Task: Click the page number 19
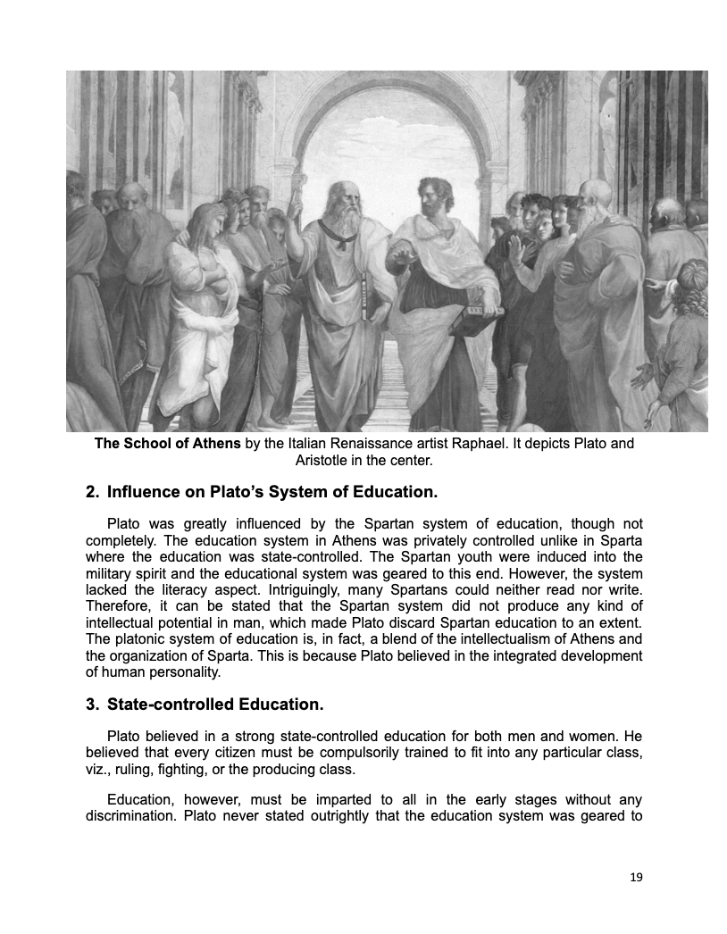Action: coord(636,878)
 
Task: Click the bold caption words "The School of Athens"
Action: coord(167,444)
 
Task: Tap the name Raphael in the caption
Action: coord(467,444)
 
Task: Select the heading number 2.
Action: coord(91,492)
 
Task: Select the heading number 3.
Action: coord(91,705)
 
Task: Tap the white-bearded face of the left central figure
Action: coord(343,201)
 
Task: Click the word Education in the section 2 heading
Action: coord(387,492)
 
